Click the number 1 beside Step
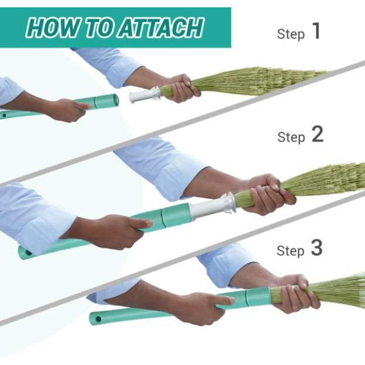(x=316, y=32)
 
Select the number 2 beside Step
(x=317, y=135)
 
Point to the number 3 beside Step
(x=317, y=248)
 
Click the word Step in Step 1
(x=291, y=34)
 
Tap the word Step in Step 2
(x=291, y=137)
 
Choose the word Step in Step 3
(x=291, y=251)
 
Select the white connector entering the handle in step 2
(x=210, y=207)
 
